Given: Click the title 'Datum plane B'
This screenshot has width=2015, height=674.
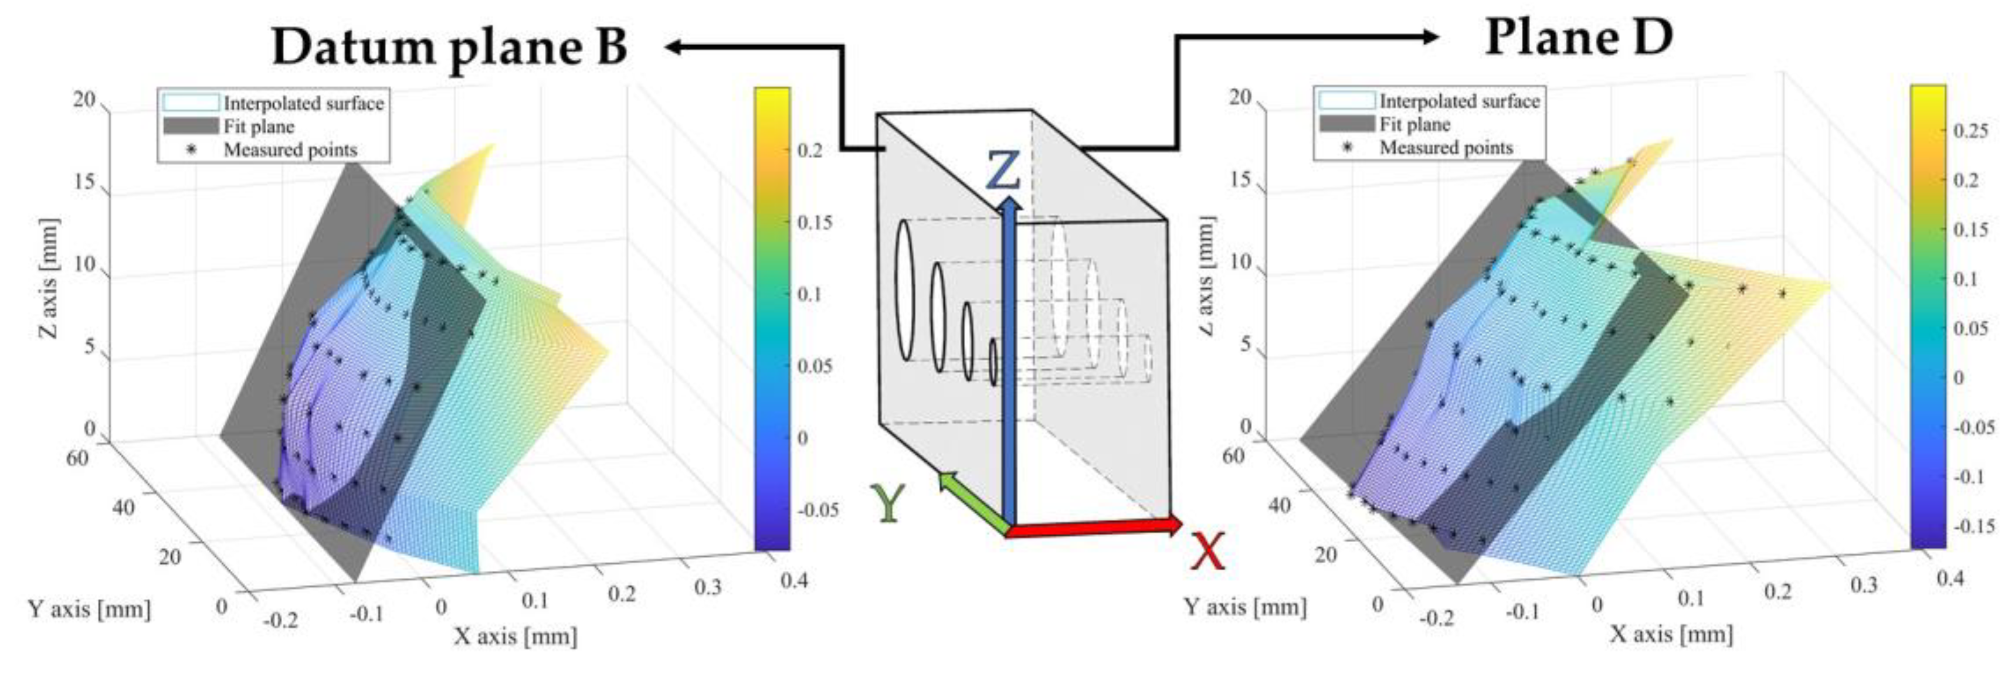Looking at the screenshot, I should coord(449,47).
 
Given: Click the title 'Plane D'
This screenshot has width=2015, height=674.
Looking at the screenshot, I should coord(1579,37).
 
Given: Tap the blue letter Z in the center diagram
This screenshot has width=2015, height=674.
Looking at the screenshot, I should coord(1003,171).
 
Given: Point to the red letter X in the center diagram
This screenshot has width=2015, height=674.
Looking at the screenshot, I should coord(1207,552).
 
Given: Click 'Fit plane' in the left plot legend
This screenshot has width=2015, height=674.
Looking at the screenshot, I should coord(258,127).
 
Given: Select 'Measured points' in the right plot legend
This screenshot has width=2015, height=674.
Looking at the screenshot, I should coord(1446,147).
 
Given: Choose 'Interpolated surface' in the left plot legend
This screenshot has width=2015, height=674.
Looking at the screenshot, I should coord(304,103).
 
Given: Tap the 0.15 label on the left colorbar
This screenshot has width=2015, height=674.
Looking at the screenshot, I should coord(815,222).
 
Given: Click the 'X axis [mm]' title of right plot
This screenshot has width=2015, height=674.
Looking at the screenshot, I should coord(1671,634).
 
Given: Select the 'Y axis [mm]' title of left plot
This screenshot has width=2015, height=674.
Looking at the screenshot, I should coord(89,608).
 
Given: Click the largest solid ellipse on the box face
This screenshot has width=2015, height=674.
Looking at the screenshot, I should coord(905,290).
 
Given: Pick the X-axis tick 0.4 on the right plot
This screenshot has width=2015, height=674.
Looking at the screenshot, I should coord(1950,578).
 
